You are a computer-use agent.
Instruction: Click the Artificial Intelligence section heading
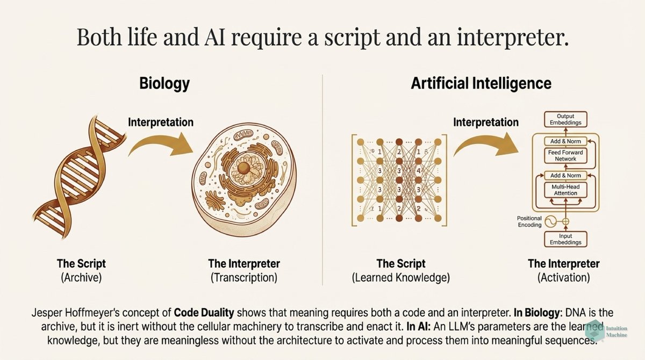click(481, 83)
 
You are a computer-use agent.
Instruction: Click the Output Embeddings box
click(565, 119)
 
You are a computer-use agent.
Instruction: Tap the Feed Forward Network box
click(565, 155)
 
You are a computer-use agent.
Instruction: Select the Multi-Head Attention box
click(565, 189)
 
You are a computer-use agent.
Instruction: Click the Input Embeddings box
click(565, 239)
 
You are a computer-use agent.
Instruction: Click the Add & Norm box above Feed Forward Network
click(565, 141)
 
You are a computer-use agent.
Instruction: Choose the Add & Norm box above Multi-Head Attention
click(565, 175)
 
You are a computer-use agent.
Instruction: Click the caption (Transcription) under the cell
click(243, 278)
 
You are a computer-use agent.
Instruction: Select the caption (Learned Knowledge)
click(401, 278)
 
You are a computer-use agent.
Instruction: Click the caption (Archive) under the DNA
click(81, 278)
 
